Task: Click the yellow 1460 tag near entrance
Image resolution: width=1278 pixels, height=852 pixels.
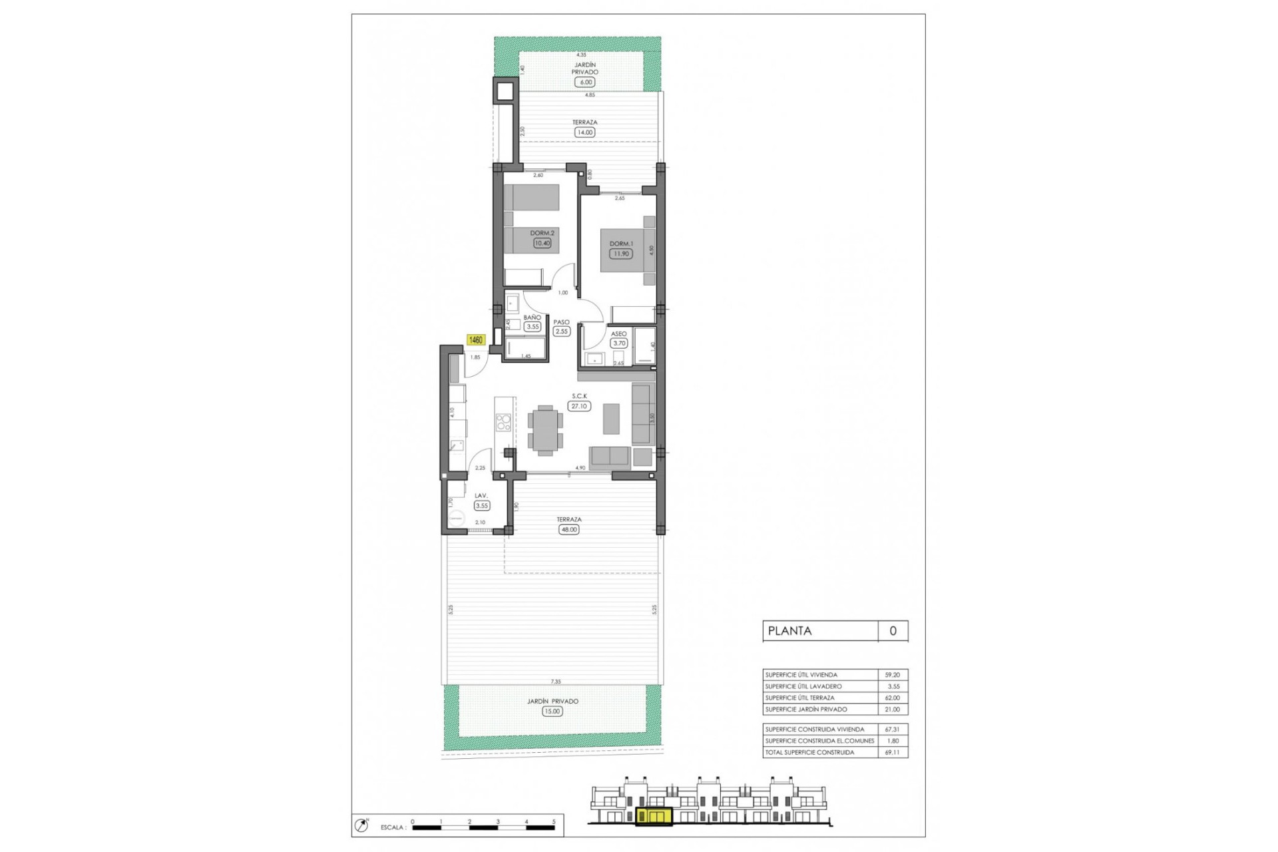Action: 476,340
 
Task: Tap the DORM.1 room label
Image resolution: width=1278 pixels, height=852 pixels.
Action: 621,244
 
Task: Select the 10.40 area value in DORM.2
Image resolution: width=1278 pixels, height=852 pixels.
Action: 542,244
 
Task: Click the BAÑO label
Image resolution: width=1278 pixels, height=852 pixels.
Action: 532,318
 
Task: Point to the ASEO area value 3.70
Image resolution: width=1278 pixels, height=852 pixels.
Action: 619,343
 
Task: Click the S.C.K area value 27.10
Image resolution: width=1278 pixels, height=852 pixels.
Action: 579,406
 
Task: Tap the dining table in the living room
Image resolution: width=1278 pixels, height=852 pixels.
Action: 545,430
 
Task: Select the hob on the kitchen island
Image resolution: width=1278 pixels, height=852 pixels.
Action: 504,423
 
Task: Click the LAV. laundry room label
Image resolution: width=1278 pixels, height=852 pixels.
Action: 481,496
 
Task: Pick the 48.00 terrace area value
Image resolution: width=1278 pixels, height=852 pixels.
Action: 569,530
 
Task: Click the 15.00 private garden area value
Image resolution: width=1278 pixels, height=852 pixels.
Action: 552,711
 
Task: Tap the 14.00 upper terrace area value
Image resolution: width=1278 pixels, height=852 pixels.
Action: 584,132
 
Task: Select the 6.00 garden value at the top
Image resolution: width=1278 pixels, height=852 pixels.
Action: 585,82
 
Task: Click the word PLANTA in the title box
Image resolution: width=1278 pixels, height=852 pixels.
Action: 789,631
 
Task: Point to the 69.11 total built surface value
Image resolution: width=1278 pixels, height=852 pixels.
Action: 892,752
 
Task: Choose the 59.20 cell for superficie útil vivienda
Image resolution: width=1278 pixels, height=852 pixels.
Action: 892,675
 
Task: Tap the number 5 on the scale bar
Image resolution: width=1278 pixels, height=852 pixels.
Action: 554,822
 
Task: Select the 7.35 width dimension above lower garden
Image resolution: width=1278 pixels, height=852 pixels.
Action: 555,682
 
